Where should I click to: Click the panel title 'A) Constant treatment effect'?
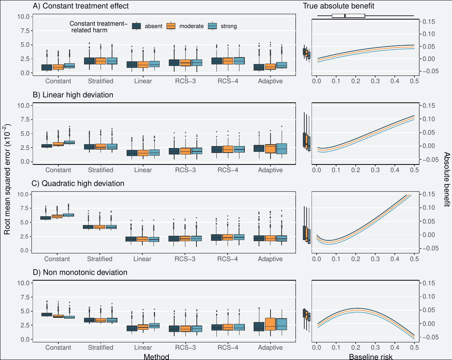click(x=81, y=6)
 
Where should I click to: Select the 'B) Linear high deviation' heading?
click(x=73, y=95)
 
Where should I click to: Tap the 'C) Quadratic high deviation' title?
click(x=78, y=184)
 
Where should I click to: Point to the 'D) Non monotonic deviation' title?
click(x=80, y=273)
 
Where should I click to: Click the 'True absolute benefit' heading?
click(x=338, y=6)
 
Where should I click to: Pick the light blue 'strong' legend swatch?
click(x=212, y=26)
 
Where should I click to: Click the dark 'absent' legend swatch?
click(x=137, y=26)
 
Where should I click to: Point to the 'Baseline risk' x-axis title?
click(x=365, y=357)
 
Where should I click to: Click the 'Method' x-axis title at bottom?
click(x=156, y=357)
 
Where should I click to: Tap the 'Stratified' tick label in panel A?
click(x=101, y=81)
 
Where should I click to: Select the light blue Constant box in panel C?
click(x=69, y=215)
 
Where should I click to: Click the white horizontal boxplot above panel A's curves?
click(x=348, y=16)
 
